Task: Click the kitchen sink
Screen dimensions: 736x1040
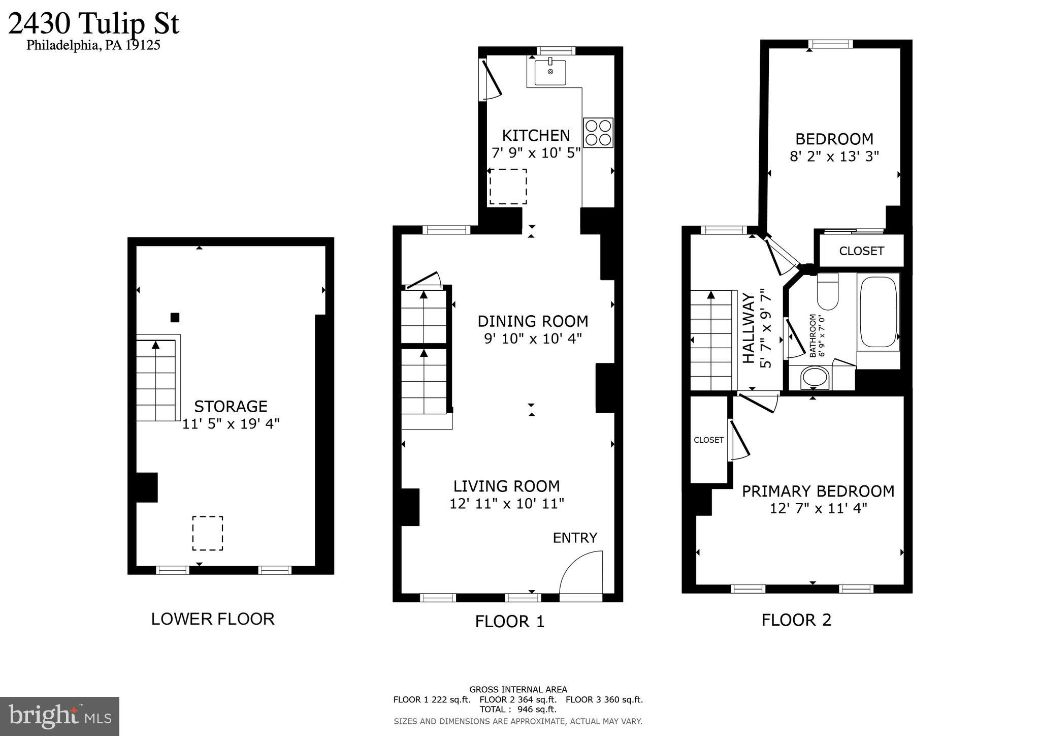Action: [x=550, y=72]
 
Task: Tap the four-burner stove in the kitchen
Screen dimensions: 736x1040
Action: [x=598, y=133]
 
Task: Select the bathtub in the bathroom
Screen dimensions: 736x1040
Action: [x=878, y=312]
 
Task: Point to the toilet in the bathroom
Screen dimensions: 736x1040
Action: [x=828, y=292]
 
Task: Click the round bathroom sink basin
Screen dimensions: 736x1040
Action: [x=815, y=378]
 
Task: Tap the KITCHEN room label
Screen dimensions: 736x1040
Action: [x=536, y=135]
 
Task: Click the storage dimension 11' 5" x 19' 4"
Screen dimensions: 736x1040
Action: [x=231, y=423]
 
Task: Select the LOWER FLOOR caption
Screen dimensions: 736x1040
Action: [x=213, y=619]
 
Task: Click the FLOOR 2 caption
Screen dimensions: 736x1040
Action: [x=796, y=620]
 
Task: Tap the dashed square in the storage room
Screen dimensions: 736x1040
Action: [x=207, y=533]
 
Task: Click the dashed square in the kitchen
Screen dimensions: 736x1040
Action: [x=508, y=187]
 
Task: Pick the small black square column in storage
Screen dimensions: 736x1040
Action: [x=175, y=318]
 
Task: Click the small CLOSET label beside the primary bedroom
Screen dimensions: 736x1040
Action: [x=708, y=440]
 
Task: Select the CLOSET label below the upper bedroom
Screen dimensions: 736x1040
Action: [x=861, y=251]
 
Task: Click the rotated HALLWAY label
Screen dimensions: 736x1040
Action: [x=749, y=328]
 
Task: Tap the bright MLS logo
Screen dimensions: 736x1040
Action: [x=60, y=716]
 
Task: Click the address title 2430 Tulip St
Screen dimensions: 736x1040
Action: [x=94, y=23]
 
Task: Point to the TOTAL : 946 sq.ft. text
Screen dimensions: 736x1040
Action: [x=518, y=709]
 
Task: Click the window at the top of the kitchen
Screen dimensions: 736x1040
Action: [x=556, y=50]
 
